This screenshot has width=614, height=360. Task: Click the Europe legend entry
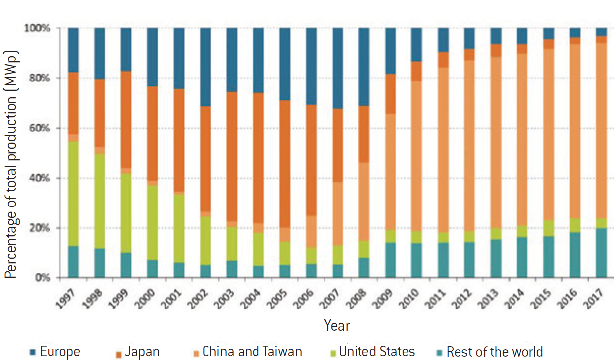pyautogui.click(x=54, y=352)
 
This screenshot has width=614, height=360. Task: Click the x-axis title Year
pyautogui.click(x=337, y=325)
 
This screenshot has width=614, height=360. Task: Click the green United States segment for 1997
pyautogui.click(x=73, y=193)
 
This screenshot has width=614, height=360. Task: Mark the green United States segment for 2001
pyautogui.click(x=179, y=228)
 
